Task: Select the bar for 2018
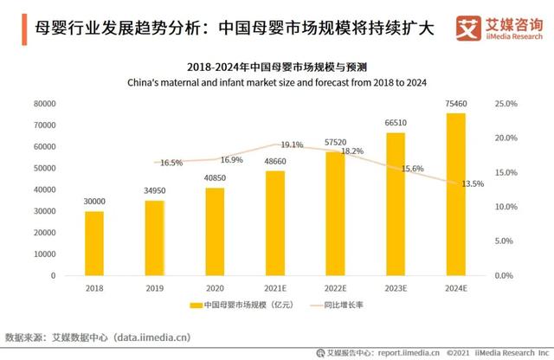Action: tap(94, 243)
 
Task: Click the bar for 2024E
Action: tap(455, 194)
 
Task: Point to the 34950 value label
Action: tap(154, 190)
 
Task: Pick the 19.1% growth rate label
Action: tap(292, 145)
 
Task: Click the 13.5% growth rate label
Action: tap(472, 183)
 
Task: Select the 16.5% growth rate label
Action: tap(171, 163)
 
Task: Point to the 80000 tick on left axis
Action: tap(43, 104)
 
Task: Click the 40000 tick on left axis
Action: tap(43, 190)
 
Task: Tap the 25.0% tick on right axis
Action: tap(506, 104)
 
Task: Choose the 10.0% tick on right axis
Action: tap(506, 207)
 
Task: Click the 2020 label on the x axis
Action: tap(215, 287)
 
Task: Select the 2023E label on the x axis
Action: tap(395, 287)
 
